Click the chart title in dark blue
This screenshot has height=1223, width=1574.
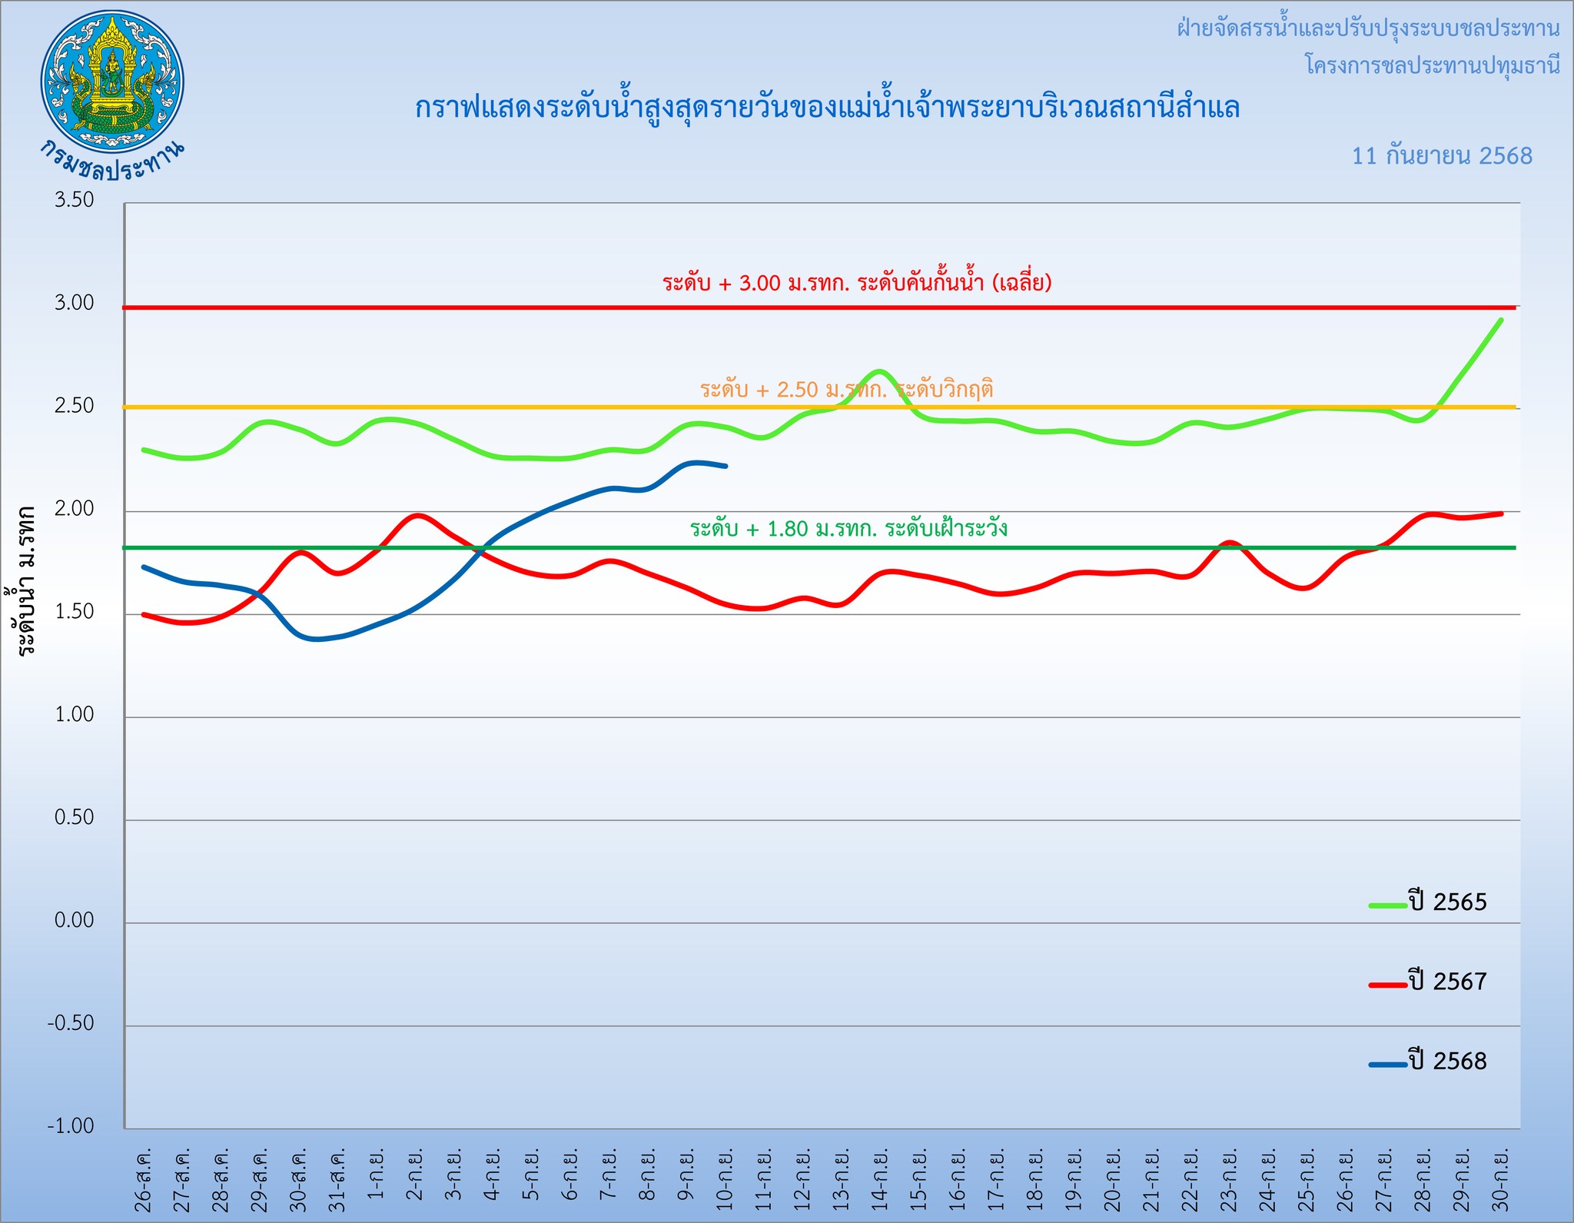(827, 108)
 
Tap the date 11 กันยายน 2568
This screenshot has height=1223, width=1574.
(1442, 156)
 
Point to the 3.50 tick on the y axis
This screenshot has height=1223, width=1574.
(75, 201)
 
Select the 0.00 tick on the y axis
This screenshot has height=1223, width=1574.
(75, 920)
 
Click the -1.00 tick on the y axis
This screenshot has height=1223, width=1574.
(71, 1126)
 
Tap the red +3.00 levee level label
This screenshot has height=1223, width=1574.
(857, 283)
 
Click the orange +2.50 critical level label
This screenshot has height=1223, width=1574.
(846, 390)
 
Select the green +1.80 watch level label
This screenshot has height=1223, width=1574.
(848, 529)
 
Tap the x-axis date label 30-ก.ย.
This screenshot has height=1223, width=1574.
(1501, 1181)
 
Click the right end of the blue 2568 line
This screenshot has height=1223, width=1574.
(726, 466)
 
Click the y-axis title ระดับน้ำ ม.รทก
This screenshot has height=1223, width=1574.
(27, 580)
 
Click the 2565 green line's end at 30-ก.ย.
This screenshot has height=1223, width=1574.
(1501, 320)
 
